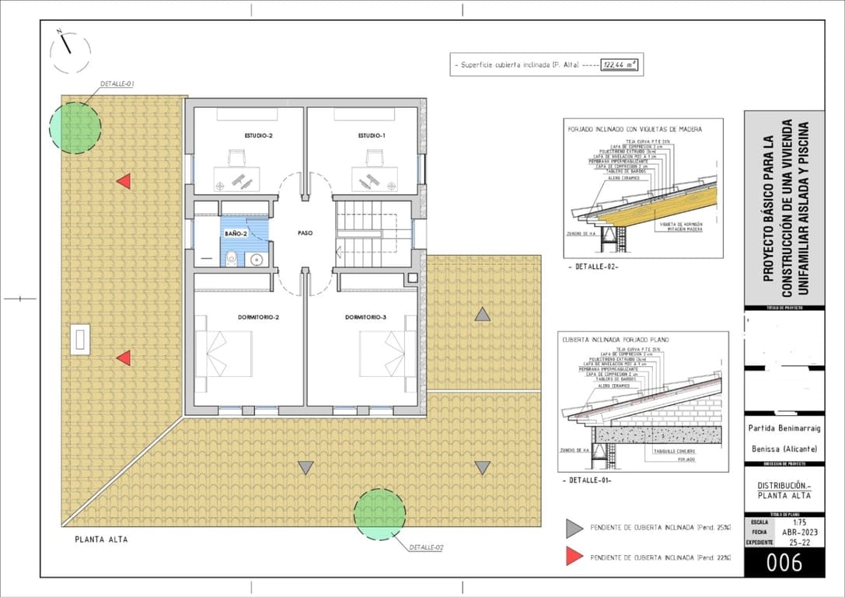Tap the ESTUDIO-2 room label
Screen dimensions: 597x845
coord(259,135)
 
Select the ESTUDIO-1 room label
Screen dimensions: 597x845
coord(372,135)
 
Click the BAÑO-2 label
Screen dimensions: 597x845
coord(236,233)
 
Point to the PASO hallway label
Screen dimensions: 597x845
coord(305,232)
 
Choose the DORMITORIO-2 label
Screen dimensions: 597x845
coord(259,317)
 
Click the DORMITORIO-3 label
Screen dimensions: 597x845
coord(366,317)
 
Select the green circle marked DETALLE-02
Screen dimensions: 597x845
coord(379,515)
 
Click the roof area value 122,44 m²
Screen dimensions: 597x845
coord(620,65)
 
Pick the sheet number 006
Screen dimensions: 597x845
coord(784,562)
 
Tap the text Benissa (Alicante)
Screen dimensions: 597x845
coord(784,449)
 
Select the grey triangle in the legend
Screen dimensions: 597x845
coord(574,529)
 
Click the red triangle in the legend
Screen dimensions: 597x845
coord(574,557)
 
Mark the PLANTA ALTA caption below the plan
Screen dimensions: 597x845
coord(101,539)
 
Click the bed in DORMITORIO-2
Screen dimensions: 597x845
coord(225,354)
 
